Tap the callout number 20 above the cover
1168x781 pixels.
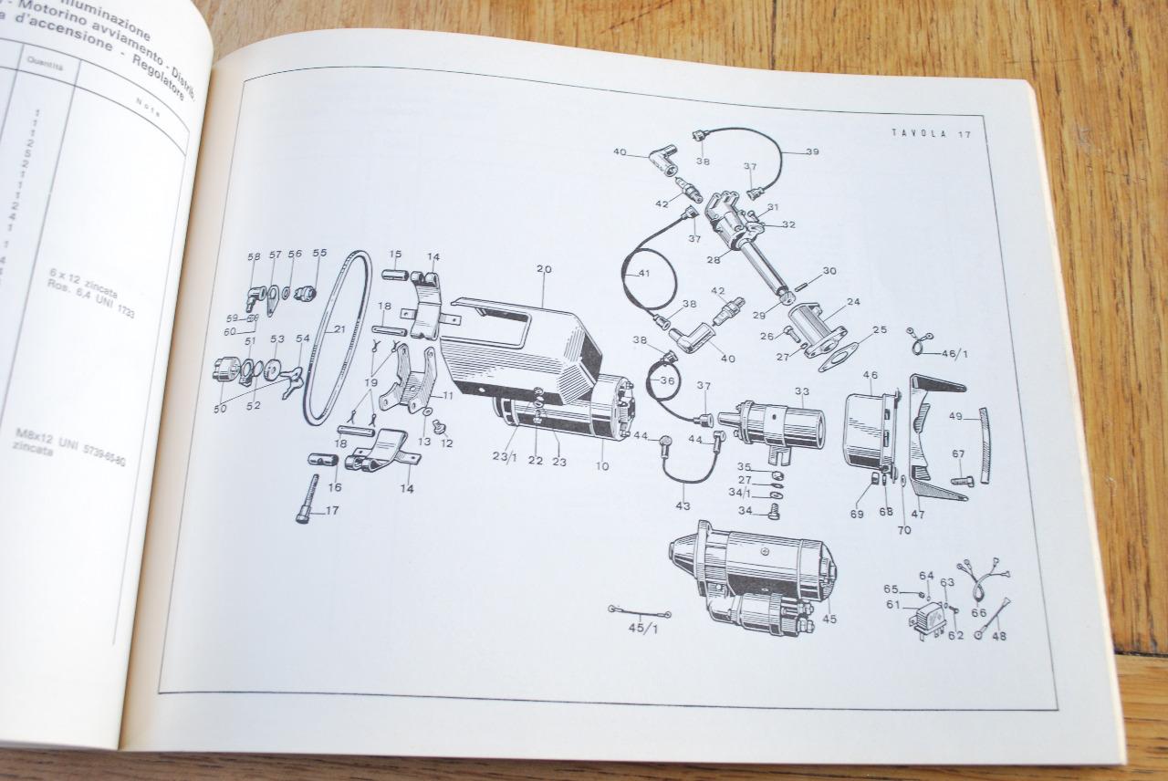[x=544, y=269]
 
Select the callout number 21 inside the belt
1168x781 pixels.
[x=339, y=328]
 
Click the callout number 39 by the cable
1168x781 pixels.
[x=812, y=151]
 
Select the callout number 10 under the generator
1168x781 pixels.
[x=602, y=466]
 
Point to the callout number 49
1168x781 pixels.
[x=955, y=417]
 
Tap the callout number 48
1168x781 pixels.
[x=998, y=636]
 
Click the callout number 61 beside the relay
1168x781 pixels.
[x=892, y=604]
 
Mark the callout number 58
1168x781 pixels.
[x=254, y=257]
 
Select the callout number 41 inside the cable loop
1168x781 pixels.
[x=644, y=273]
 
